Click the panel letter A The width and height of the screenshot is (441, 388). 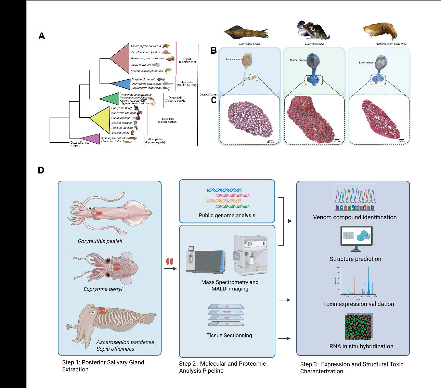[42, 36]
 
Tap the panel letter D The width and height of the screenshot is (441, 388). [41, 170]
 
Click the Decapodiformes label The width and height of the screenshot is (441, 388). [208, 94]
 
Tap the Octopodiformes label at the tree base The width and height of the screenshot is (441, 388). [80, 143]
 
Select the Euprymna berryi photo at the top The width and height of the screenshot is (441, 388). [313, 30]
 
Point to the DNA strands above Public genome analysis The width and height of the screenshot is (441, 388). [229, 198]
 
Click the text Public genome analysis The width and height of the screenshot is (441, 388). [227, 216]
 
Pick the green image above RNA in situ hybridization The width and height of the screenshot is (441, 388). [359, 327]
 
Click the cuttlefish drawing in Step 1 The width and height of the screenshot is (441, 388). [109, 321]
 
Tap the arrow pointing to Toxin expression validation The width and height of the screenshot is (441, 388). [285, 300]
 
